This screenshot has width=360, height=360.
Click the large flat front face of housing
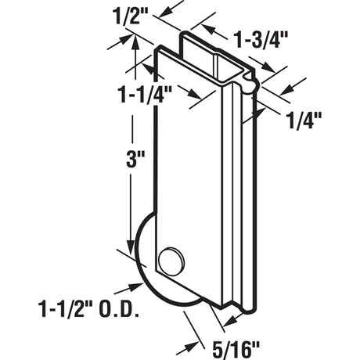tap(200, 180)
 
